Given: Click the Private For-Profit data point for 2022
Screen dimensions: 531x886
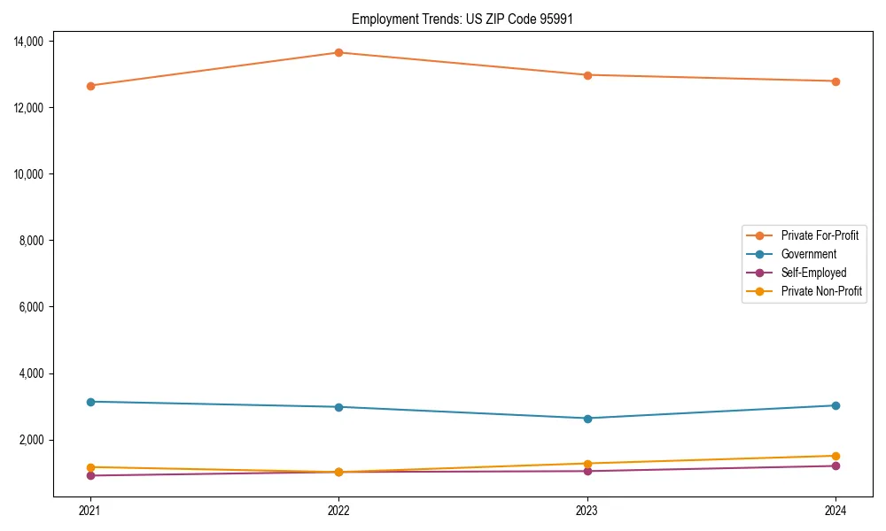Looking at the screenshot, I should (x=338, y=52).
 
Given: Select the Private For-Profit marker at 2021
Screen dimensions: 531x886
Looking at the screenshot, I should (x=90, y=86).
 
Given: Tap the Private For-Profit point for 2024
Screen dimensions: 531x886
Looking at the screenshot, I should (x=835, y=81).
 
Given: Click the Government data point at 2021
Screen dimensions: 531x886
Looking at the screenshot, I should (x=90, y=402).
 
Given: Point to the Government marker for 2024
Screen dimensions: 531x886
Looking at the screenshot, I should (x=835, y=405).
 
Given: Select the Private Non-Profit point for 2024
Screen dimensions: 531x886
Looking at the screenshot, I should (x=835, y=456).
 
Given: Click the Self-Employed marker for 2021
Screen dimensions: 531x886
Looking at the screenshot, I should (x=90, y=475).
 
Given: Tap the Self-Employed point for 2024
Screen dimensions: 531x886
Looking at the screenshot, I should (x=835, y=466).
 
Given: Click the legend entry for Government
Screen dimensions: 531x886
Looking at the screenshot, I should (x=808, y=254).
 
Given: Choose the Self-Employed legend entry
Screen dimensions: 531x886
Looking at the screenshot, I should (x=813, y=273).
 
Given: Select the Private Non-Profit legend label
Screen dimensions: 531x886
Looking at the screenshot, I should (x=821, y=291).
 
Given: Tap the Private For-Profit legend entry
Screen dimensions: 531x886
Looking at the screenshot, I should (x=819, y=235).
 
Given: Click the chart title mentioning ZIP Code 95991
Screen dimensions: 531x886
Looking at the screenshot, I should (x=462, y=19).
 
